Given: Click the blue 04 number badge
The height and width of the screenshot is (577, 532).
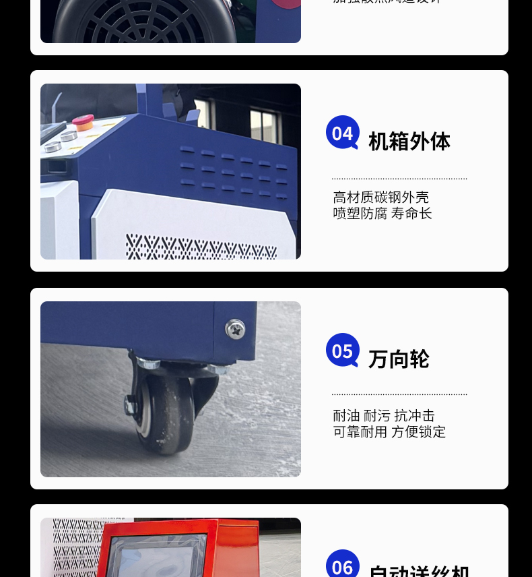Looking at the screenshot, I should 342,132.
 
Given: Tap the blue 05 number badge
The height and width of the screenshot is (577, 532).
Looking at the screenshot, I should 342,350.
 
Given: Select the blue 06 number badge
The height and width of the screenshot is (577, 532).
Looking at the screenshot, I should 342,565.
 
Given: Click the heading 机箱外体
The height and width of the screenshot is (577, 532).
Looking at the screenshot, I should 409,142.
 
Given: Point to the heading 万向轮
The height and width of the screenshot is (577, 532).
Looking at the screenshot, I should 399,359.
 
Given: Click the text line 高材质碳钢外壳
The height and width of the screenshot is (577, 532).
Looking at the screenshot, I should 380,198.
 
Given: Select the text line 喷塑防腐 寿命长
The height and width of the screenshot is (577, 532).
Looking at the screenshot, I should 383,214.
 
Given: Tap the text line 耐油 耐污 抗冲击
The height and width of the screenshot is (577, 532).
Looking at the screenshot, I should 384,416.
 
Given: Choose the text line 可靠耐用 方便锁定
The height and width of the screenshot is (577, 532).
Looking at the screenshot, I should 389,432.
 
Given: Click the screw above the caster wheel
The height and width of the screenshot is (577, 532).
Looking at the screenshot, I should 235,329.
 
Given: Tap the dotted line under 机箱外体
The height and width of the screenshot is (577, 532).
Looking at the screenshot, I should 399,179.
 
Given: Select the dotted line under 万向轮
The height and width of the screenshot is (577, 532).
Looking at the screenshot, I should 399,394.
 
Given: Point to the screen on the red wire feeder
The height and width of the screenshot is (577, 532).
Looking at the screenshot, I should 158,557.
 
